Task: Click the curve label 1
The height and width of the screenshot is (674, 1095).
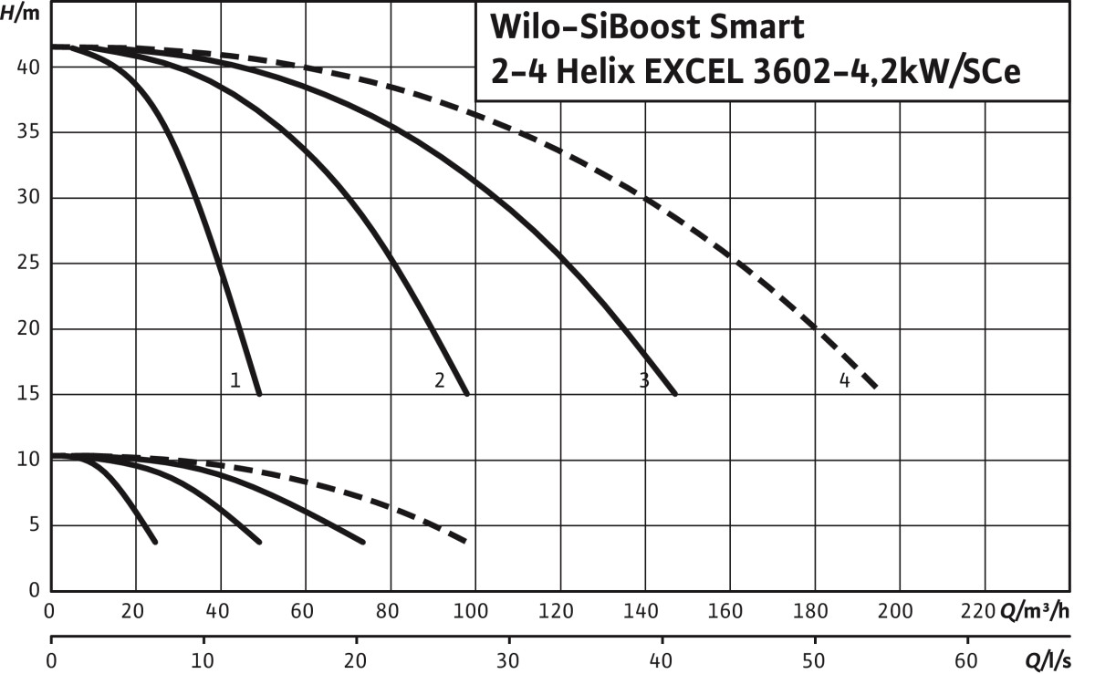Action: [x=235, y=380]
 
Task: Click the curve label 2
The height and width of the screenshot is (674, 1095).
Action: [x=439, y=380]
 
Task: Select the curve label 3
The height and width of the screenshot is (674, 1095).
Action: [x=644, y=380]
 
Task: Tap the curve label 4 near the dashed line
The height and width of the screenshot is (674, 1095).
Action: [x=845, y=380]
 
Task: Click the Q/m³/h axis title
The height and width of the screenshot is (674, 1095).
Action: [x=1036, y=610]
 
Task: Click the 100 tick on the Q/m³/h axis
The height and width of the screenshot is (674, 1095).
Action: [x=474, y=610]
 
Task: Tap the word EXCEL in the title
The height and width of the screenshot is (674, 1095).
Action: [x=729, y=73]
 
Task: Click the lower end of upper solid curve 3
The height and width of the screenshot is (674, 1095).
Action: [x=675, y=393]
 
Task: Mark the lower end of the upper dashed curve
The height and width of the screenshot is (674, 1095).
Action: [x=877, y=389]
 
